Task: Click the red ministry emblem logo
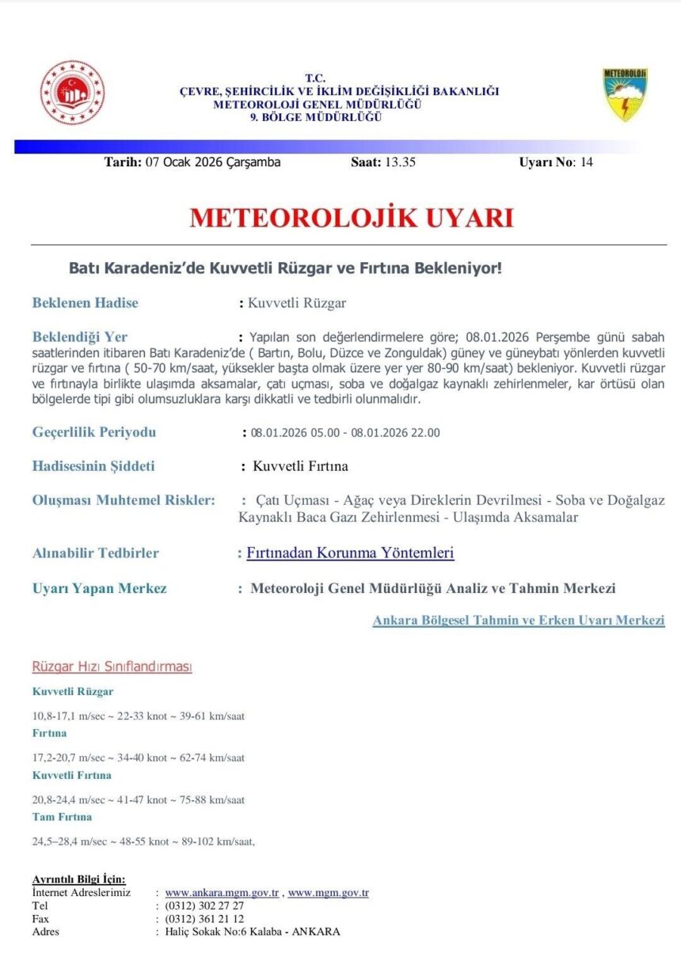tap(72, 93)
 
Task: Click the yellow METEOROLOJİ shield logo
tap(626, 94)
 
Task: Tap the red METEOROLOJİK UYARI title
tap(351, 218)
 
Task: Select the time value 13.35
tap(400, 162)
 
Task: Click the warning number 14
tap(586, 162)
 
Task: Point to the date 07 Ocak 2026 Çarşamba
tap(213, 162)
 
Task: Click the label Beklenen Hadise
tap(85, 302)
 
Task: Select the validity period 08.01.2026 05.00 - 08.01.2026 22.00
tap(345, 432)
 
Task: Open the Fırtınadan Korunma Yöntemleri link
tap(350, 553)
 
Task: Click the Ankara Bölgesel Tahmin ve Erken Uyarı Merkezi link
tap(518, 621)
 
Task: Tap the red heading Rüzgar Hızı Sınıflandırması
tap(112, 667)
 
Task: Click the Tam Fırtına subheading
tap(62, 816)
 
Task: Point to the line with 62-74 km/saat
tap(138, 758)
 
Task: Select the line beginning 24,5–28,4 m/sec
tap(143, 841)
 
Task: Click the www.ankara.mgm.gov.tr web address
tap(221, 893)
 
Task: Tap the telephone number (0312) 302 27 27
tap(204, 906)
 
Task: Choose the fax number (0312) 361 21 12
tap(204, 918)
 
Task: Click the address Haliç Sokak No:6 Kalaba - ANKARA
tap(252, 932)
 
